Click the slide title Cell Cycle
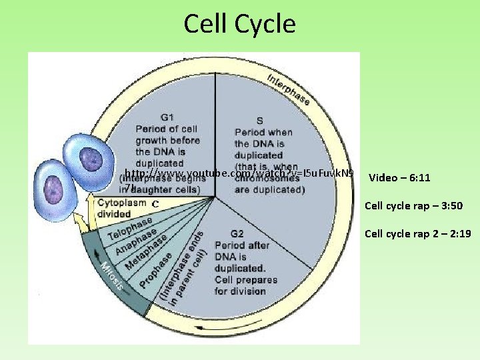coord(239,24)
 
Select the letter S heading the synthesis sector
coord(259,121)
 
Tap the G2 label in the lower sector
coord(237,234)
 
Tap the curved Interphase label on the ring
coord(288,89)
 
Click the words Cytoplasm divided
coord(122,208)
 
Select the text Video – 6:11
coord(399,178)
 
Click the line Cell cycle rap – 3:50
coord(413,206)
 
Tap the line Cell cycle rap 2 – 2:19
coord(418,234)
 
